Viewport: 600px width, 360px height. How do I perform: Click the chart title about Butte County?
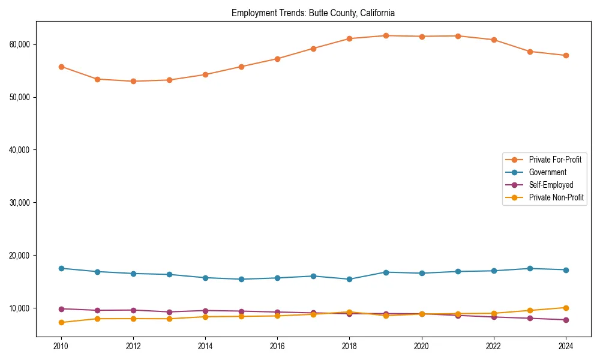coord(313,13)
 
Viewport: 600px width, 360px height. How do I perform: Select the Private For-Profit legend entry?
coord(554,160)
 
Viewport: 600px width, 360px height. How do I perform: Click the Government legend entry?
coord(547,172)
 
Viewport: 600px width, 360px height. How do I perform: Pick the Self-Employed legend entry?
coord(551,185)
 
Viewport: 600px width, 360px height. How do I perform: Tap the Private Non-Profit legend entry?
coord(556,197)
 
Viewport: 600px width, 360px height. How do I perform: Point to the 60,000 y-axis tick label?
coord(20,44)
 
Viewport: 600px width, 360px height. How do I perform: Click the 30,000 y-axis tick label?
coord(20,203)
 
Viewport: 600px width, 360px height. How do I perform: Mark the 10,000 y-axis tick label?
coord(20,308)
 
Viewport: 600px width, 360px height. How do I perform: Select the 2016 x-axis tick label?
coord(277,346)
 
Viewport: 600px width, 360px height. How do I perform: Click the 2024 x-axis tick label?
coord(566,346)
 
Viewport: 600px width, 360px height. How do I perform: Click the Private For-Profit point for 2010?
coord(61,67)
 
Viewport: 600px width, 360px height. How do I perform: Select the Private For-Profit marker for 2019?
coord(386,36)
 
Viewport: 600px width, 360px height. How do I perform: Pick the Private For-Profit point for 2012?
coord(133,81)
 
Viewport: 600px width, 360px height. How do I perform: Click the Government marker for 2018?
coord(350,279)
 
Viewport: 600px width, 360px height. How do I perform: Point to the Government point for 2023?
coord(530,268)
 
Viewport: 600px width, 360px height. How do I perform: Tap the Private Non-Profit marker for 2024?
coord(566,308)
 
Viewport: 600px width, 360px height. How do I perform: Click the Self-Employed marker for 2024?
coord(566,320)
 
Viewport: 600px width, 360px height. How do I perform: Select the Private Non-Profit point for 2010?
coord(61,322)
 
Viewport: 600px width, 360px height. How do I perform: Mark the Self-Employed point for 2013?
coord(169,312)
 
